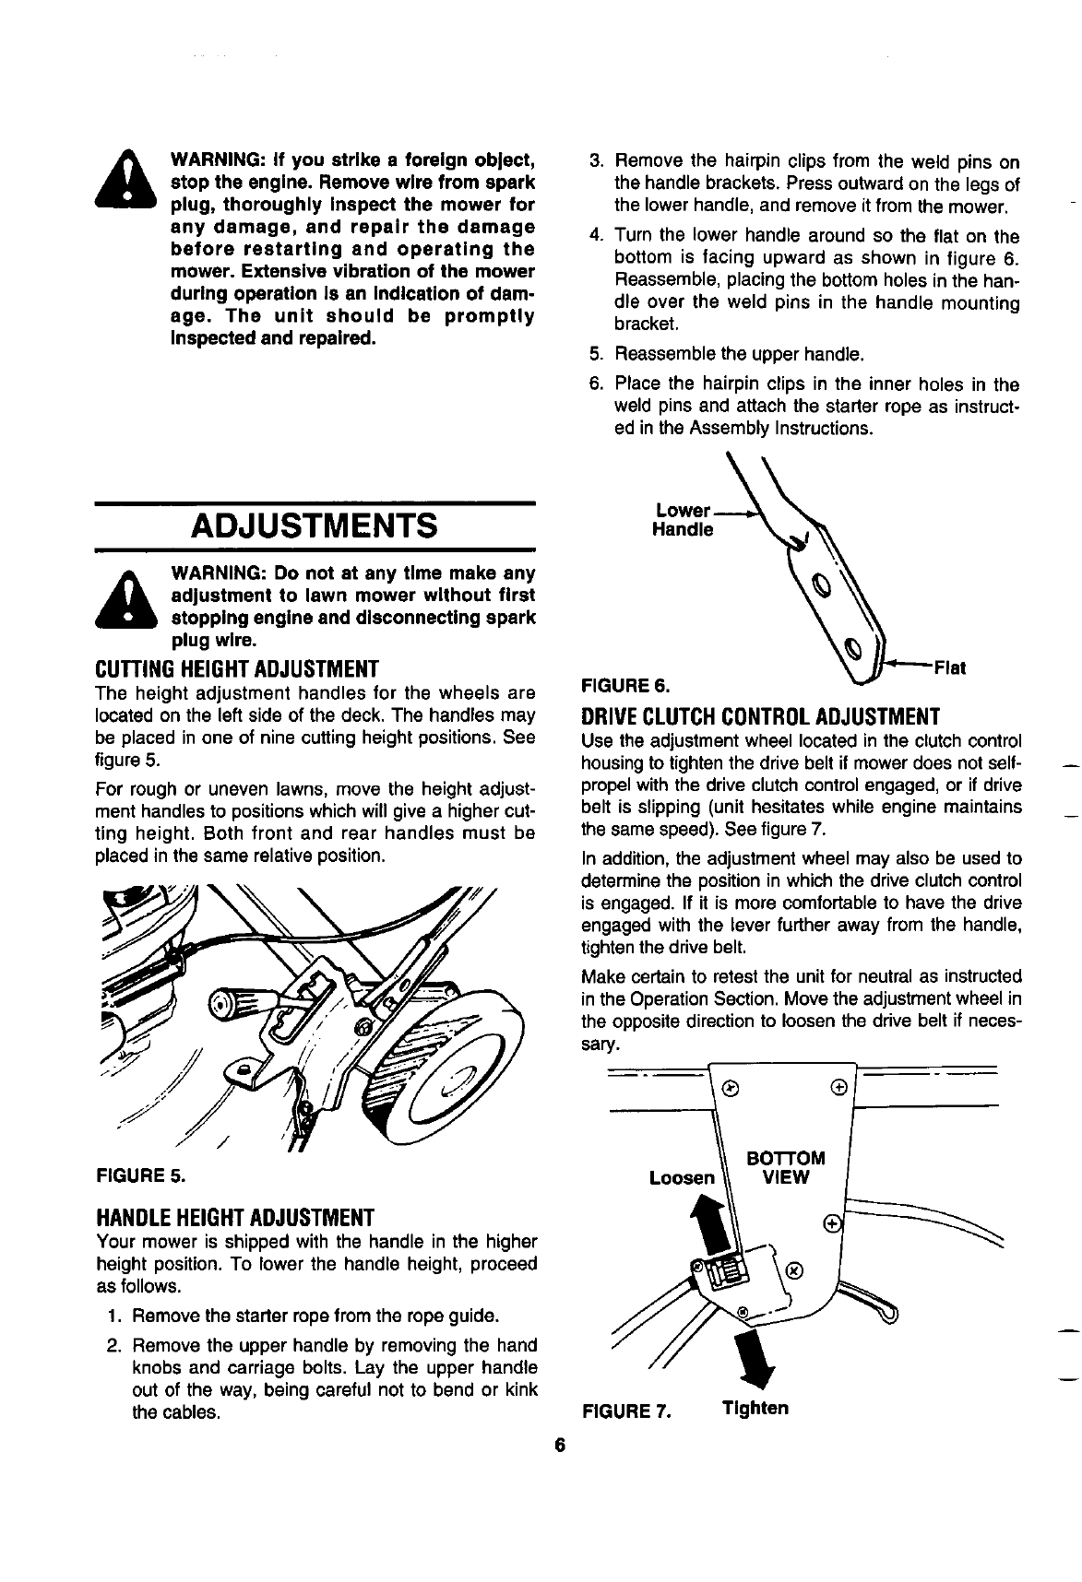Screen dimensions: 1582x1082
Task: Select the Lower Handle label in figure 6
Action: coord(683,521)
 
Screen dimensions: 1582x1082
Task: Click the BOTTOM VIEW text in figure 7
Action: coord(783,1167)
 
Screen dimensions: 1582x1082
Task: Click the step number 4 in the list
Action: coord(596,235)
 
